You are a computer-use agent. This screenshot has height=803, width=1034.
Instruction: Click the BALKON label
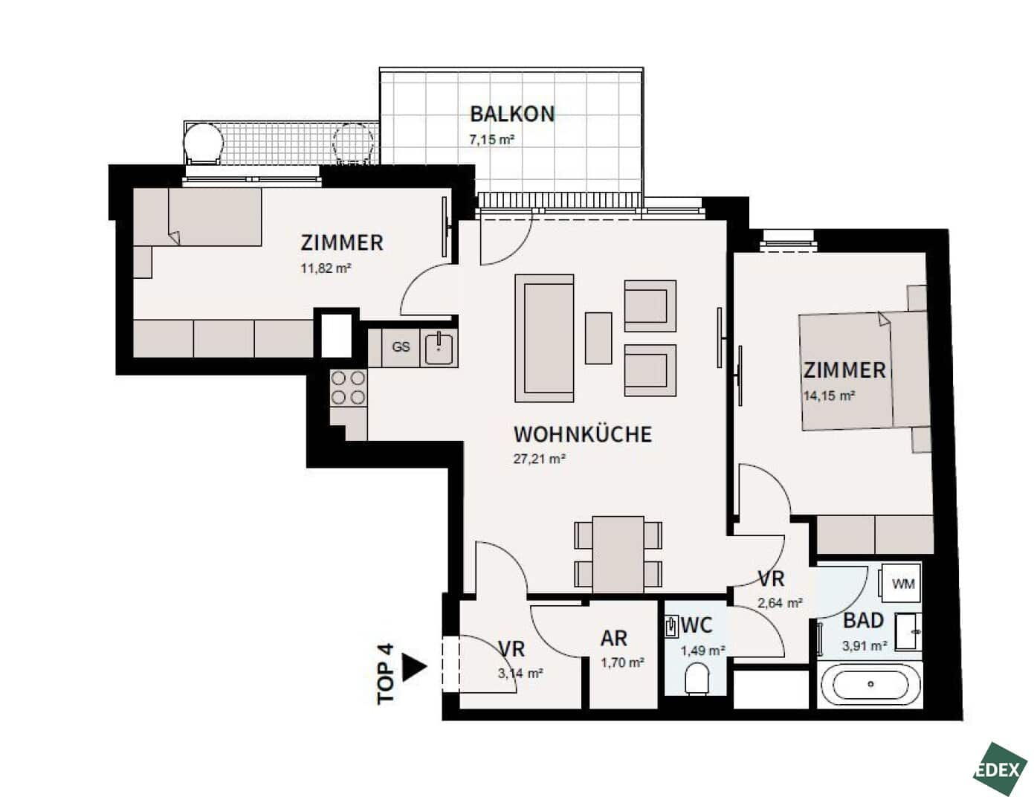pos(512,115)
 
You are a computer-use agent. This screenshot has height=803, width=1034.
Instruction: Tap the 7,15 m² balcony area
pos(491,140)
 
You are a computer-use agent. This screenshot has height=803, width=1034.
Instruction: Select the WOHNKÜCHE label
pos(583,434)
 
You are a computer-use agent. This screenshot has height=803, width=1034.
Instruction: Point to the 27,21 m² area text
pos(539,459)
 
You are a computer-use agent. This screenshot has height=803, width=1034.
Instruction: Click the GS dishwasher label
pos(401,346)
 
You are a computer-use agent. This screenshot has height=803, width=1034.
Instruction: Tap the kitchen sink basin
pos(439,349)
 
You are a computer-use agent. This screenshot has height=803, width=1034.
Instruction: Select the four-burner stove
pos(349,388)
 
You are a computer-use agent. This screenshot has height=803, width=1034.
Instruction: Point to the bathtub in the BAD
pos(870,684)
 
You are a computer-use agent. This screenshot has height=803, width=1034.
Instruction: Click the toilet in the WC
pos(697,680)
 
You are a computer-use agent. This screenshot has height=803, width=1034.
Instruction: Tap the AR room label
pos(614,639)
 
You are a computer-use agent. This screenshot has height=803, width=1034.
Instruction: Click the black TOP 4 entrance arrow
pos(415,668)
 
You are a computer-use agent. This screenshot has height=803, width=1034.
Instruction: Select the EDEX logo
pos(1000,770)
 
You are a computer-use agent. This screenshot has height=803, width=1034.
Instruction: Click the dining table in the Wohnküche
pos(618,555)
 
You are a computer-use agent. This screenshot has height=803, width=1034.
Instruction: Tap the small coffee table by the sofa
pos(598,338)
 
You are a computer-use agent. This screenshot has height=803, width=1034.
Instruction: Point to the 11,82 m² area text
pos(326,268)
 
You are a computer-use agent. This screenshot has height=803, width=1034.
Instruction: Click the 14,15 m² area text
pos(829,396)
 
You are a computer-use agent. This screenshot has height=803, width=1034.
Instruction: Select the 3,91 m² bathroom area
pos(865,646)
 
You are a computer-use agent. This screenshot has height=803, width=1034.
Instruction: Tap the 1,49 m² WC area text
pos(702,651)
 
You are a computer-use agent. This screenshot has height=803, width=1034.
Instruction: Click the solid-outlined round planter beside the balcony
pos(203,142)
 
